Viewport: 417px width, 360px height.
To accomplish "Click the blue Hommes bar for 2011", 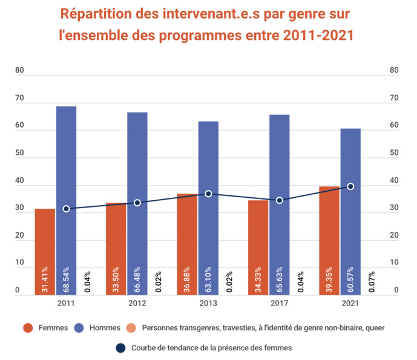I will pos(67,200).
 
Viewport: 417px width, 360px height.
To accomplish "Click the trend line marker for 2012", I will pos(137,203).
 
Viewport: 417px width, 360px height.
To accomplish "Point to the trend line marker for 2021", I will pos(350,186).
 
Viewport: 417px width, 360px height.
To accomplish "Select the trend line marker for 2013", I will pos(208,194).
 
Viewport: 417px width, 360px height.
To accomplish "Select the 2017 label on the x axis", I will pos(279,304).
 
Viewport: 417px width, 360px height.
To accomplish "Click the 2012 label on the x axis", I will pos(137,304).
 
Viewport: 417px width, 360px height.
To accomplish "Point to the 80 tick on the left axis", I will pos(20,71).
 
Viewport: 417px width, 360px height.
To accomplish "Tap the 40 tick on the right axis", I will pos(395,181).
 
